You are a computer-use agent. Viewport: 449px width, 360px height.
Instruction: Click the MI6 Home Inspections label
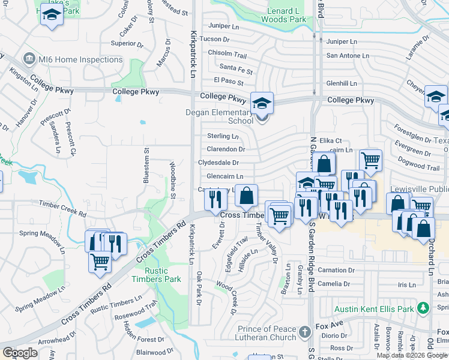tap(80, 59)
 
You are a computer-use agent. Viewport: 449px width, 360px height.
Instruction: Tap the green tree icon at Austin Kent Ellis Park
tap(423, 308)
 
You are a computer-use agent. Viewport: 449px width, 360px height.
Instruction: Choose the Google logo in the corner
tap(20, 353)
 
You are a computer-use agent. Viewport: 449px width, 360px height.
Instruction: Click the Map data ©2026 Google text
tap(412, 355)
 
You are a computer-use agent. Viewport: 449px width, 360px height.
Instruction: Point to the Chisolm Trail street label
tap(228, 54)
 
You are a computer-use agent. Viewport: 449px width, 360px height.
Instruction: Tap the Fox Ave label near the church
tap(330, 325)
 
